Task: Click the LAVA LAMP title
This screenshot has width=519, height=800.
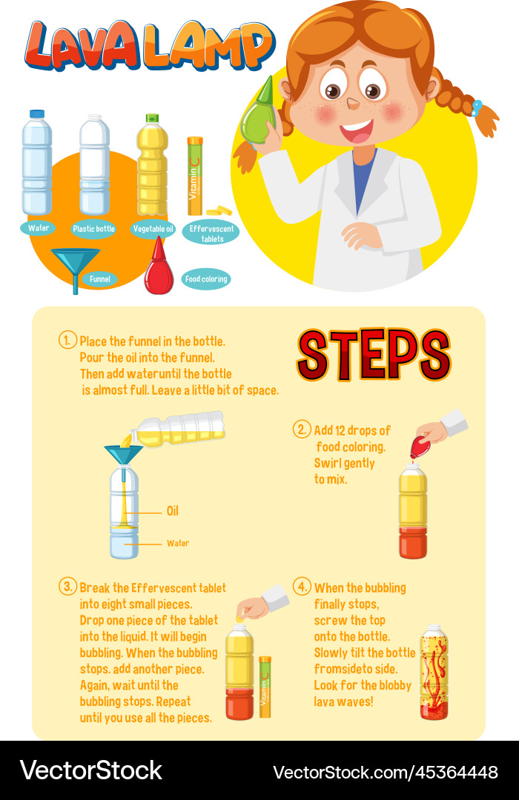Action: coord(148,46)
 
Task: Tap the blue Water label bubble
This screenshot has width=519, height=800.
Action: coord(39,228)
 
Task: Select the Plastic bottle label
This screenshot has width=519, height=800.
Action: coord(94,229)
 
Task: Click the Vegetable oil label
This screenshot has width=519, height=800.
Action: coord(153,229)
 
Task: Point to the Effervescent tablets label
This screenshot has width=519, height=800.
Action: coord(211,233)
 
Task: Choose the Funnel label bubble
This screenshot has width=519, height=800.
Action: coord(100,279)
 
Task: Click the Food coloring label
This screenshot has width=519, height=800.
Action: coord(205,279)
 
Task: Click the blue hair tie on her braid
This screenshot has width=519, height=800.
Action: coord(477,108)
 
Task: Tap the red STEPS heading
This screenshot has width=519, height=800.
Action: coord(374,355)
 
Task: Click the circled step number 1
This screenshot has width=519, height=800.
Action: coord(67,341)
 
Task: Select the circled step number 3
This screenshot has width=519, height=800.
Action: coord(67,587)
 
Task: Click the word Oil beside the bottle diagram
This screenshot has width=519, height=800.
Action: coord(172,511)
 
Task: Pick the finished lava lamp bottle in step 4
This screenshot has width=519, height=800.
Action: coord(434,673)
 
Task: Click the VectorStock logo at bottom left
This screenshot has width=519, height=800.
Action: coord(90,770)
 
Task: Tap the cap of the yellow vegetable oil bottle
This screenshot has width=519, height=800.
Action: coord(152,119)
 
